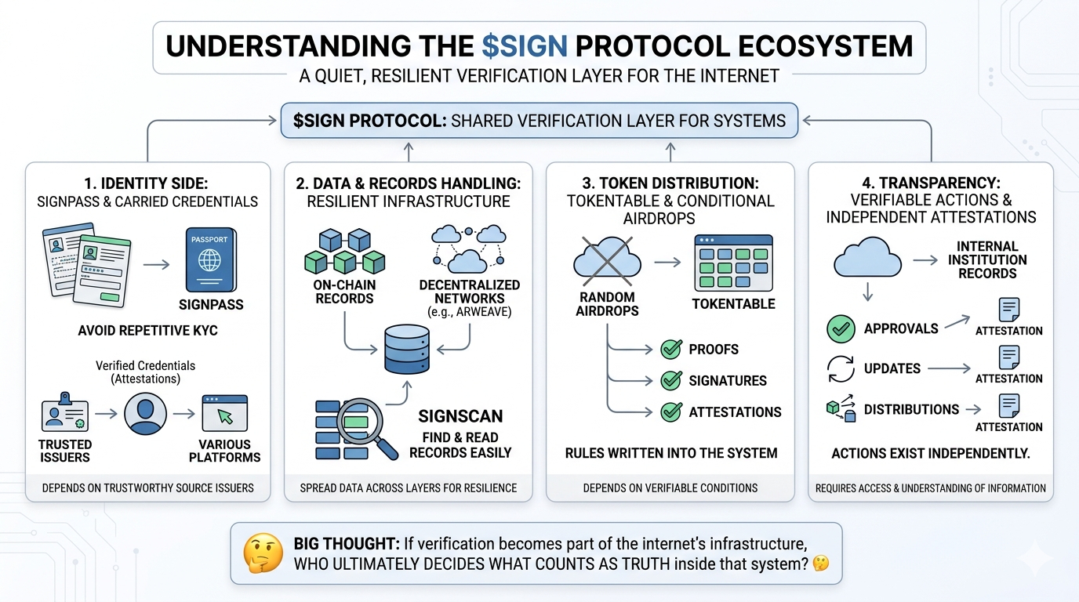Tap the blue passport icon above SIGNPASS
coord(209,259)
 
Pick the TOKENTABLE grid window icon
coord(733,263)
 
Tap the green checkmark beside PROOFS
coord(671,349)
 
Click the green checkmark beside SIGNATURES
coord(671,381)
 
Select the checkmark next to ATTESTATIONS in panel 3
coord(671,412)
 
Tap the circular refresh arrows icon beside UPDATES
coord(841,368)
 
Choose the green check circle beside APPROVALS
coord(841,328)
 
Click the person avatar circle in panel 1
coord(146,414)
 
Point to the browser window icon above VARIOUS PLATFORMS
coord(224,414)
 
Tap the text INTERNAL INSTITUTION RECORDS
coord(987,259)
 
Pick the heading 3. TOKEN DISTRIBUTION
coord(671,183)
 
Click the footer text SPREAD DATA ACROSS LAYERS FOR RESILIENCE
coord(408,488)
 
